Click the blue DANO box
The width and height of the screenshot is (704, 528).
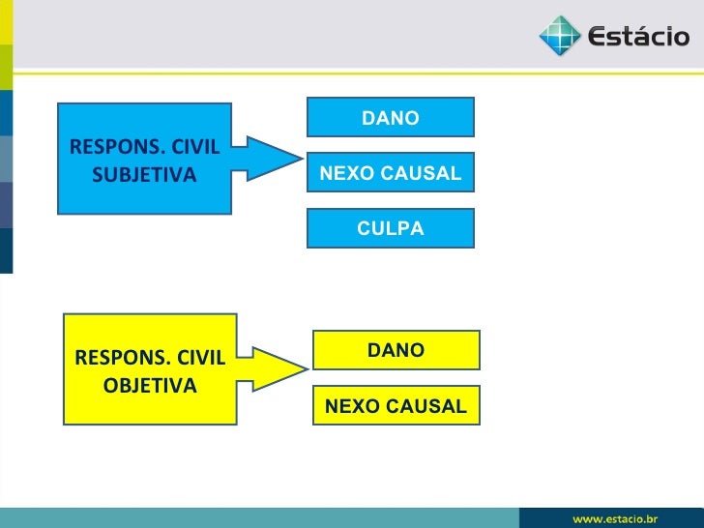[x=390, y=117]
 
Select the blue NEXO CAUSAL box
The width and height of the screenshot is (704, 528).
[x=390, y=173]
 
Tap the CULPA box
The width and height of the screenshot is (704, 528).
[x=390, y=228]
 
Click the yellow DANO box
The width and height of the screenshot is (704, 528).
[x=396, y=350]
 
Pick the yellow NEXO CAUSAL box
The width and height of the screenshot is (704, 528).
[x=396, y=406]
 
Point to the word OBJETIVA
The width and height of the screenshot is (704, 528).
[x=149, y=385]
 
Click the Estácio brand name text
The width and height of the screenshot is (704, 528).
[x=639, y=39]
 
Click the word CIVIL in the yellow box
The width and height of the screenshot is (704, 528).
[x=199, y=359]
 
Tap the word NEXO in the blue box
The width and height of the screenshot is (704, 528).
[x=342, y=173]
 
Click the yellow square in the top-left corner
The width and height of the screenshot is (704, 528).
[x=6, y=21]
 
